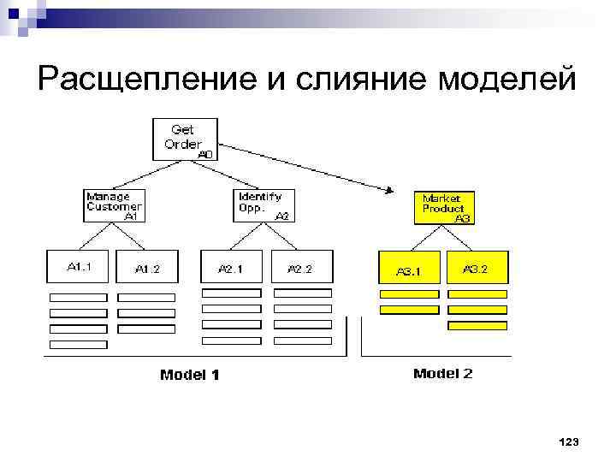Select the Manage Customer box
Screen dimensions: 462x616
tap(114, 206)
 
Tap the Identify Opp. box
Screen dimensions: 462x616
tap(264, 206)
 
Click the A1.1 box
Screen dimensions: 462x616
tap(79, 266)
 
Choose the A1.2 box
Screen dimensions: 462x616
tap(147, 267)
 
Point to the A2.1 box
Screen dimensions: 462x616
tap(231, 267)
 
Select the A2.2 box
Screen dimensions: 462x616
tap(300, 267)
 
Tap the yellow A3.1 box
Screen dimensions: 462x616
tap(409, 269)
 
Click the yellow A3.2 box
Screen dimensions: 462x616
tap(477, 267)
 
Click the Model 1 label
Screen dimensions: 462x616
tap(190, 374)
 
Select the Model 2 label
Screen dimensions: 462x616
tap(442, 373)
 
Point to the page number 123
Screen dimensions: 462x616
tap(568, 441)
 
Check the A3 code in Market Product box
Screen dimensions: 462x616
tap(462, 219)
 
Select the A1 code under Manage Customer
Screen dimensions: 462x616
tap(131, 217)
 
